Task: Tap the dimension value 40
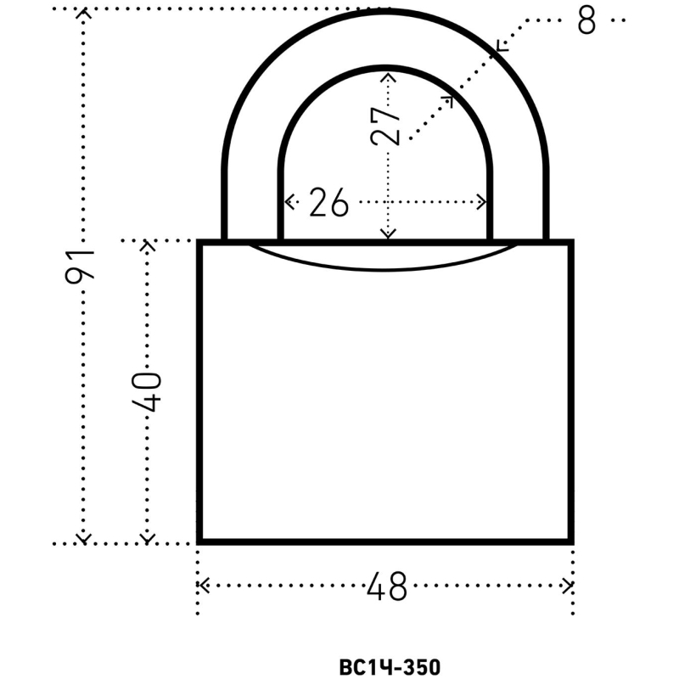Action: pyautogui.click(x=146, y=391)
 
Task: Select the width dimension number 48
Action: pyautogui.click(x=387, y=586)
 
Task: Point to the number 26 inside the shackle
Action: pyautogui.click(x=328, y=203)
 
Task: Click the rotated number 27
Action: pyautogui.click(x=385, y=126)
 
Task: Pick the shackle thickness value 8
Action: pyautogui.click(x=586, y=20)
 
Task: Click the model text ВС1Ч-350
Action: pyautogui.click(x=390, y=667)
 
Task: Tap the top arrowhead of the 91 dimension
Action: pyautogui.click(x=83, y=13)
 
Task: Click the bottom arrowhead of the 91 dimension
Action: pyautogui.click(x=83, y=539)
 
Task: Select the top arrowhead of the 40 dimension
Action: pyautogui.click(x=147, y=245)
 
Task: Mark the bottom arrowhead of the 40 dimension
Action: pyautogui.click(x=147, y=539)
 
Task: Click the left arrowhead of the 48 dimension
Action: pyautogui.click(x=204, y=586)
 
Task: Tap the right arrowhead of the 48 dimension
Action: pyautogui.click(x=567, y=586)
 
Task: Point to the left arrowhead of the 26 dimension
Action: pyautogui.click(x=289, y=202)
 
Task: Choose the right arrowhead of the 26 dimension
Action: pyautogui.click(x=480, y=202)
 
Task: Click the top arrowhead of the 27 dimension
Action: pyautogui.click(x=388, y=77)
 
